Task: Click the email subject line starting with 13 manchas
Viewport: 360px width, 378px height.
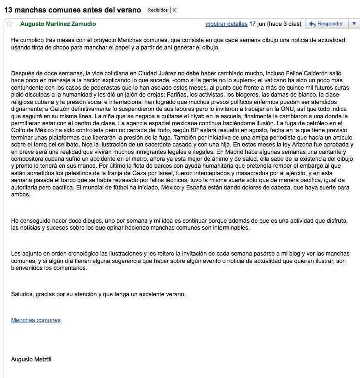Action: (72, 9)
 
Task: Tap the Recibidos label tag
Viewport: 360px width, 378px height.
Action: (159, 10)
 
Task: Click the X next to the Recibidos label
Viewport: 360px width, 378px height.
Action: (174, 10)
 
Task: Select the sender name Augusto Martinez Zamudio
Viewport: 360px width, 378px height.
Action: (58, 24)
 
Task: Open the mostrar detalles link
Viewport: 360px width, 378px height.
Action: (226, 24)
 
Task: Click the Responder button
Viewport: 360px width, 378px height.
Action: (326, 24)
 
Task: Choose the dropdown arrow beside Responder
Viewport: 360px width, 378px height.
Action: (354, 24)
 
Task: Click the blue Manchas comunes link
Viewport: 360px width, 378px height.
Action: (36, 320)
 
